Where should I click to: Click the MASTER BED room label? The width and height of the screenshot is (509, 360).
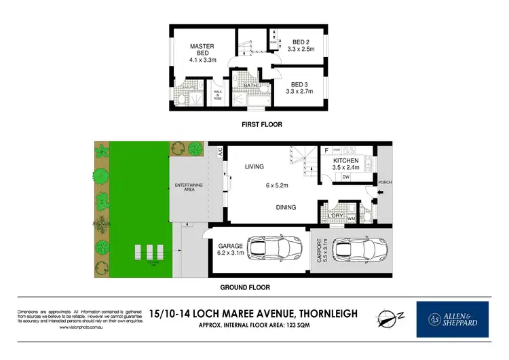(202, 46)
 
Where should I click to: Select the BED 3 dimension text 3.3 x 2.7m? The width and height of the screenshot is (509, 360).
(299, 91)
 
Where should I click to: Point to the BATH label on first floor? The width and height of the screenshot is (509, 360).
(252, 86)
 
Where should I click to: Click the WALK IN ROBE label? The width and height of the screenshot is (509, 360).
(218, 96)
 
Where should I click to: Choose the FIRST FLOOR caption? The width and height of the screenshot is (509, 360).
(262, 124)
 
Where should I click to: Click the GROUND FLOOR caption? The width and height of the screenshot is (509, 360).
(245, 287)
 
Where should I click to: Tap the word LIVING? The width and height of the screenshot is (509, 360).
(254, 166)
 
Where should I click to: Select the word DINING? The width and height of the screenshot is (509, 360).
(285, 207)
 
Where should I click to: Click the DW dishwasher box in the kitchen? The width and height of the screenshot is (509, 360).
(345, 177)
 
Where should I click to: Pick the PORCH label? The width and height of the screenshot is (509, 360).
(385, 182)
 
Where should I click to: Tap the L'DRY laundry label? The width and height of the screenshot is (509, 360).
(335, 215)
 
